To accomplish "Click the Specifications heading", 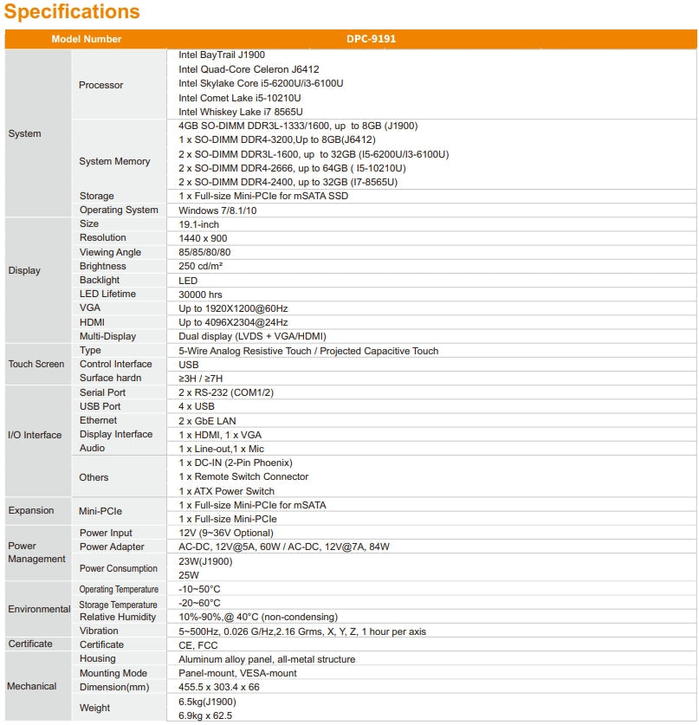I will coord(72,12).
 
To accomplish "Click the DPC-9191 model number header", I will coord(372,39).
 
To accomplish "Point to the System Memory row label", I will coord(114,161).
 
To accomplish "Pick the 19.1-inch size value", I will coord(198,224).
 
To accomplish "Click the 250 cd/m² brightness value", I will coord(206,267).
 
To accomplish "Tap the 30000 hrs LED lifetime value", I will coord(200,295).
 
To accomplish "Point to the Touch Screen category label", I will coord(36,364).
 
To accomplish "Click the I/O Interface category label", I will coord(35,435).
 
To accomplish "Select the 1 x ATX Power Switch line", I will coord(226,491).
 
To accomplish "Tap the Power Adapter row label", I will coord(112,547).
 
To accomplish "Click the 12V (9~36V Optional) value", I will coord(225,533).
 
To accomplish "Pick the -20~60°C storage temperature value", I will coord(199,603).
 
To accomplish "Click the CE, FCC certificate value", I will coord(198,645).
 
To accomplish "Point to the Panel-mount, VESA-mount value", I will coord(237,673).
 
